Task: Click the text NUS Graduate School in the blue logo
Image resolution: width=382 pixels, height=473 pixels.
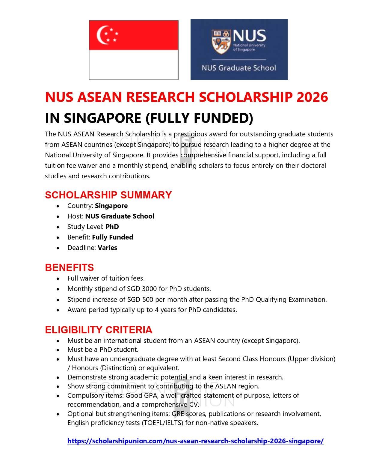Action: [239, 68]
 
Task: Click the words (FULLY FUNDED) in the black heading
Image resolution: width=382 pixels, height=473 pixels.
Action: [199, 118]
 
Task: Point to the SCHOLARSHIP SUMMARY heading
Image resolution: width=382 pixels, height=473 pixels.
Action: [108, 195]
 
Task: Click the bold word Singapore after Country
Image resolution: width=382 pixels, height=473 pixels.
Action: [111, 206]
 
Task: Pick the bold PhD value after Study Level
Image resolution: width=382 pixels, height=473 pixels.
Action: [112, 227]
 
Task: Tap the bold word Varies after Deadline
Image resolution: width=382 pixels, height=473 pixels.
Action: [107, 248]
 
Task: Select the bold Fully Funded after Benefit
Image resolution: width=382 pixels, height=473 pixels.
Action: [112, 237]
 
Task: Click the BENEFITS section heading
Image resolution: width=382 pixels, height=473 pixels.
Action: [69, 267]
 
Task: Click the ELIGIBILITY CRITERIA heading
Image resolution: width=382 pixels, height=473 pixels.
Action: [99, 330]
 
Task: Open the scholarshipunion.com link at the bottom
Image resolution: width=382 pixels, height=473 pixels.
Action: [195, 441]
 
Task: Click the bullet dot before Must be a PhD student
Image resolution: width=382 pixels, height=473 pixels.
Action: [58, 350]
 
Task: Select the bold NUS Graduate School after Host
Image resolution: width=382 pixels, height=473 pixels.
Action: [120, 216]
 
